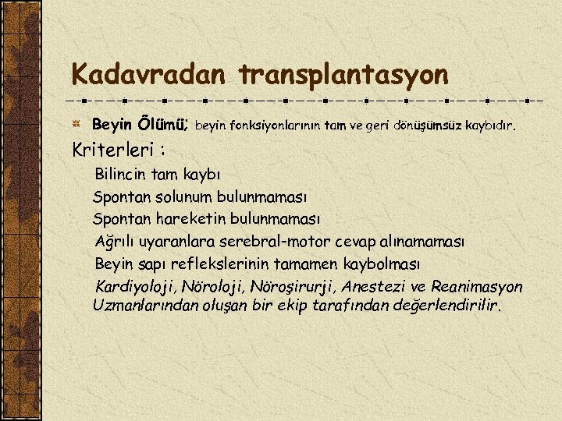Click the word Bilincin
point(122,174)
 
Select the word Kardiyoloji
point(135,287)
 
